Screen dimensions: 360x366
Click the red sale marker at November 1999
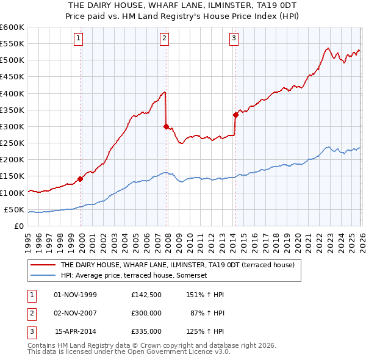click(80, 179)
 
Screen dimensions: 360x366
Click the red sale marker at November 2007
click(166, 126)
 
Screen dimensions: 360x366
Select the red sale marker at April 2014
click(235, 114)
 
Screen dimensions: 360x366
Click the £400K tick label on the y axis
click(12, 93)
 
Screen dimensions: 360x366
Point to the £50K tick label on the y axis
click(14, 210)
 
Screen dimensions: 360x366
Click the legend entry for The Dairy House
click(178, 265)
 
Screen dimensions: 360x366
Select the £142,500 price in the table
click(146, 294)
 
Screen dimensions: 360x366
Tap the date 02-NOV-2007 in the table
click(75, 313)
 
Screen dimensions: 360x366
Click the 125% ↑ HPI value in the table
click(206, 331)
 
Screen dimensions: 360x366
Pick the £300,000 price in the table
click(146, 313)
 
